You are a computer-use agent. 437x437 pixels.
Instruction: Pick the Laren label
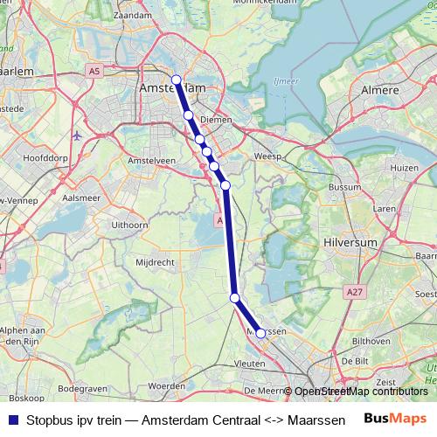(384, 209)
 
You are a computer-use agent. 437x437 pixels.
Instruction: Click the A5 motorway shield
(94, 69)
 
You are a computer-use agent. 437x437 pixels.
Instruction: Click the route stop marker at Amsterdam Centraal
(177, 80)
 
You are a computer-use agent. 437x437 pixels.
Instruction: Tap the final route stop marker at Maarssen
(260, 333)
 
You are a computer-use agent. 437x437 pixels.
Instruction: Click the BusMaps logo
(395, 418)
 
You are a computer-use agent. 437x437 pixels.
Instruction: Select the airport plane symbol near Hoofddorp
(78, 136)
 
